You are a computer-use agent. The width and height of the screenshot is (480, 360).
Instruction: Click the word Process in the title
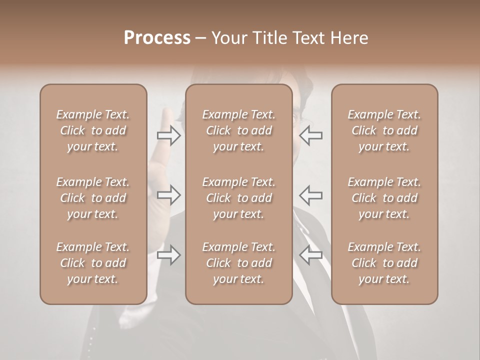pos(157,38)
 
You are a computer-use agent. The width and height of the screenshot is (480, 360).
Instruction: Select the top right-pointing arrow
pos(169,135)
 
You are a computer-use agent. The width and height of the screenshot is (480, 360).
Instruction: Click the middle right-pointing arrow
pos(169,195)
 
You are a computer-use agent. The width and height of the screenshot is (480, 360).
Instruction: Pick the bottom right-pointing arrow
pos(169,255)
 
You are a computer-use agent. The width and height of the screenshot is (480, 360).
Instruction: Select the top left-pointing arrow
pos(311,135)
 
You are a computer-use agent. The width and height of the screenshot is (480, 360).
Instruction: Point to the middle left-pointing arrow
pos(311,195)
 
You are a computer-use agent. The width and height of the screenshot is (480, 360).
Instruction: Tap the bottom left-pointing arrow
pos(311,255)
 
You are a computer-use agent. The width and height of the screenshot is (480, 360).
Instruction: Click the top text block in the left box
pos(93,130)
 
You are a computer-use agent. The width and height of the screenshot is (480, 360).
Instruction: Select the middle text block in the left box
pos(93,198)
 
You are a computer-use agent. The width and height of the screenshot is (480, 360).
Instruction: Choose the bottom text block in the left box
pos(93,263)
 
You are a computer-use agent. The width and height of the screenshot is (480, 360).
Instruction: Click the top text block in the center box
pos(239,130)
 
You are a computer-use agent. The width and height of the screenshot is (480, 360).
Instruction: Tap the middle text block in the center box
pos(239,198)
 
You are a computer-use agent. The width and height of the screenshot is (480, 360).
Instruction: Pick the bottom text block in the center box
pos(239,263)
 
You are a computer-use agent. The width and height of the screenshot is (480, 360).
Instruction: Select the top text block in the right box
pos(384,130)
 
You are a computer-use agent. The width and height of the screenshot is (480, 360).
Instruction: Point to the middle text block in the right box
pos(384,198)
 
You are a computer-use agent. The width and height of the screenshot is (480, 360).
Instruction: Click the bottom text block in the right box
pos(384,263)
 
